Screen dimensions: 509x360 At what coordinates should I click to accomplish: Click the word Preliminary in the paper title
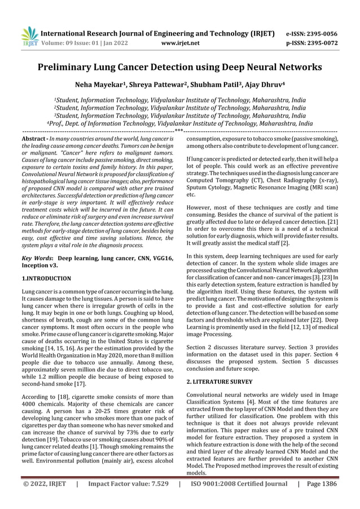[x=67, y=68]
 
